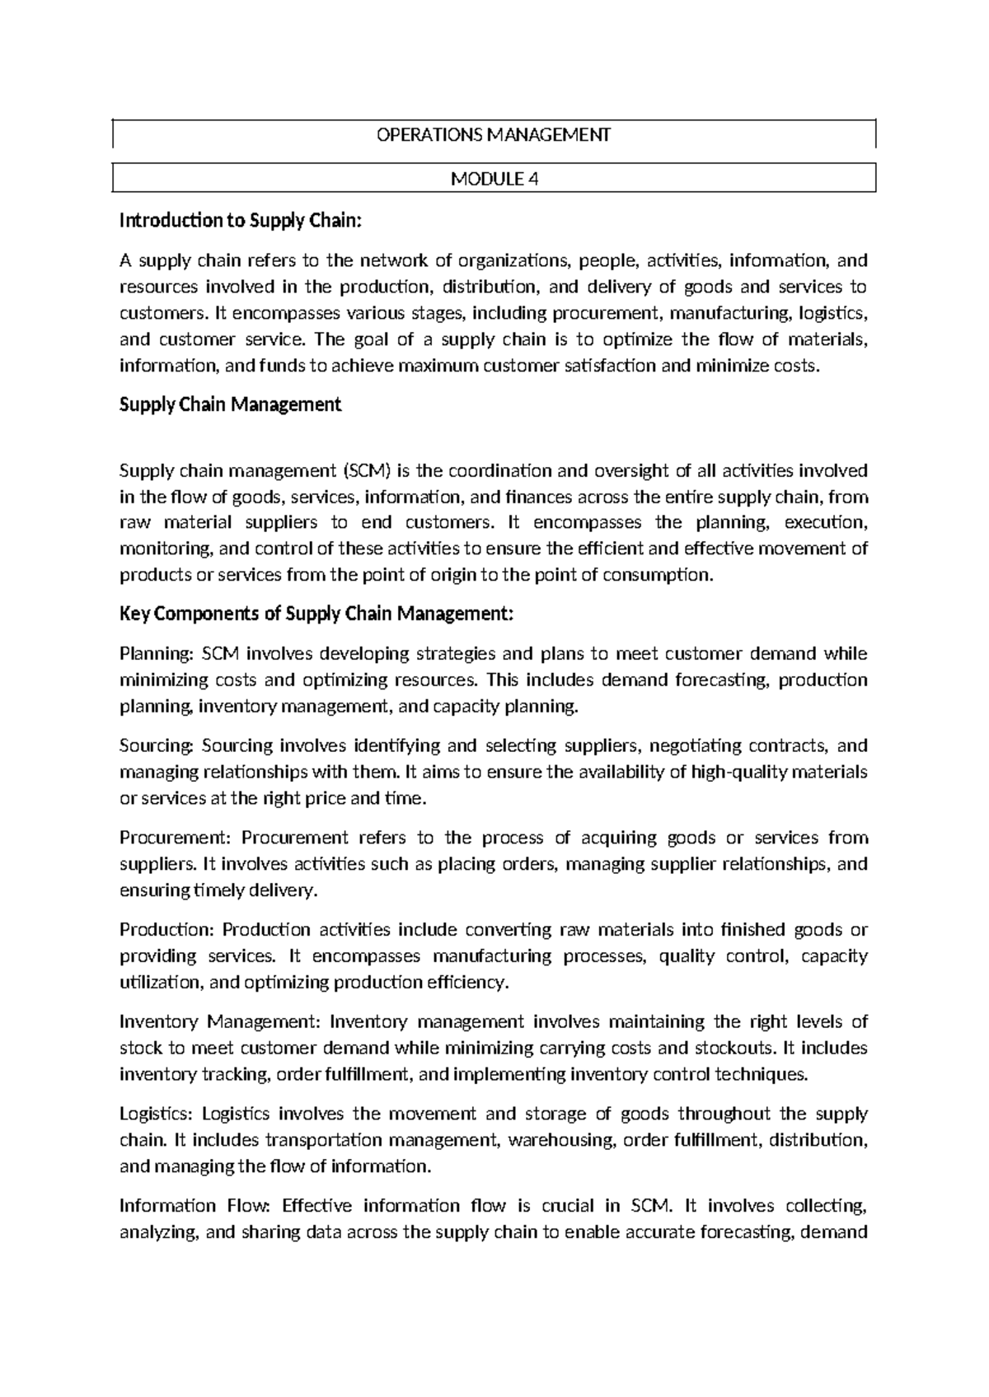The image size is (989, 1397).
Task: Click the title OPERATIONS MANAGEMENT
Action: coord(494,134)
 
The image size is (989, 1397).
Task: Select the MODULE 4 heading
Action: coord(494,179)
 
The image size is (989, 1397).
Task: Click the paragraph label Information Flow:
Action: coord(195,1207)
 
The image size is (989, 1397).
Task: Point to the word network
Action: coord(391,262)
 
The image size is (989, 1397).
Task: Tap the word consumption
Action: coord(656,575)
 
